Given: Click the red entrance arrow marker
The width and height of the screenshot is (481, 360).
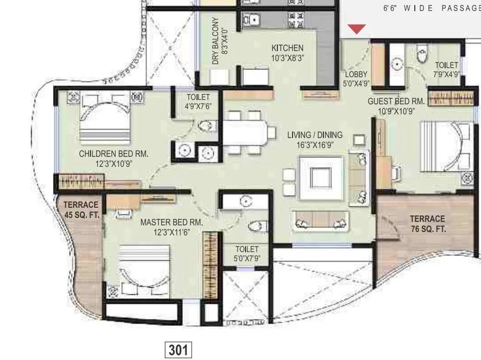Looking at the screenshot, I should tap(357, 29).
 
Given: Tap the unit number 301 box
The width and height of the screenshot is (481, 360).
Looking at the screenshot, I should tap(178, 350).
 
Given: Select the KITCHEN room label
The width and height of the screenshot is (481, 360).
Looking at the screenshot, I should tap(287, 48).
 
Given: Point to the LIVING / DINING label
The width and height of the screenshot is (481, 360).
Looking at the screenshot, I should tap(315, 135).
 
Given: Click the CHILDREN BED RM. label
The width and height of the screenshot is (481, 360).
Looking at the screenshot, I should tap(114, 154).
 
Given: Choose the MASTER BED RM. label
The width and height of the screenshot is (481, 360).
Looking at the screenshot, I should tap(171, 222).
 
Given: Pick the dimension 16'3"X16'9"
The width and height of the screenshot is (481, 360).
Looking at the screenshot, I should tap(315, 145).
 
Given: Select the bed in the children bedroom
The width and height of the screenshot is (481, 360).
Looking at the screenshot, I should tap(105, 116).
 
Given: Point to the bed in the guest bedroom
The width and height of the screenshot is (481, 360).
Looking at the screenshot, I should tap(445, 146).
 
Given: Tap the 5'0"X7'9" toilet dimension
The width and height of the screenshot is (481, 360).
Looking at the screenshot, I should tap(247, 259).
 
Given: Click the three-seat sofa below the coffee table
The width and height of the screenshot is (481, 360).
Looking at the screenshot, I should tap(320, 219).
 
